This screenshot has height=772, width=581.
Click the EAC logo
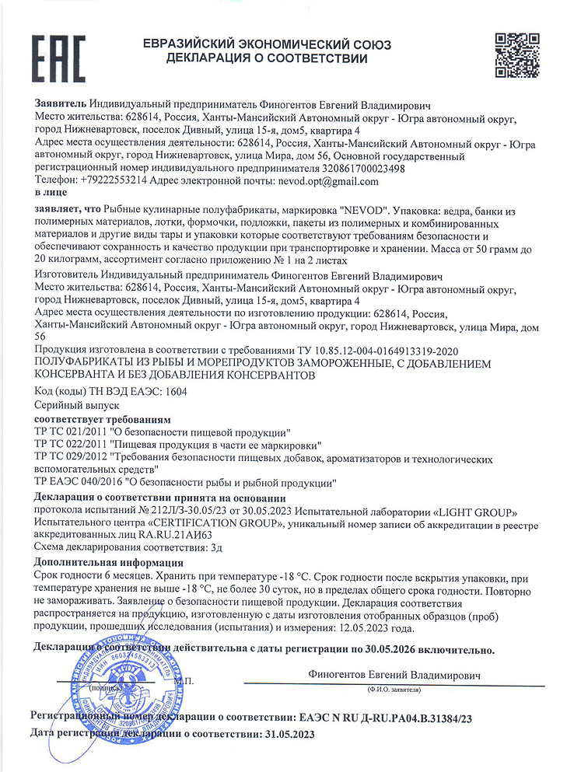[59, 58]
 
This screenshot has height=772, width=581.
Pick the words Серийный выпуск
[77, 405]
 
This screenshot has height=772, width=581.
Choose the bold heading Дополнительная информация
[109, 562]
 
